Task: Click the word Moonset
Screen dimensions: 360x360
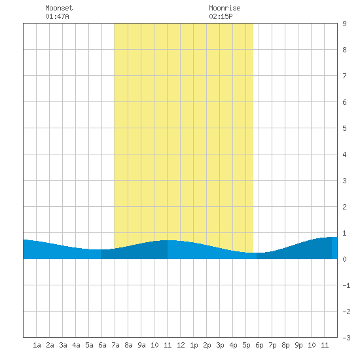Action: (59, 8)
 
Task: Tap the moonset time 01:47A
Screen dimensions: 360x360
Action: (57, 16)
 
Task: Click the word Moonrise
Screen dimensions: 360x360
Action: (225, 8)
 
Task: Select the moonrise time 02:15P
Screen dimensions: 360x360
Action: (221, 16)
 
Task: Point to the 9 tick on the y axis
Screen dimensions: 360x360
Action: (344, 24)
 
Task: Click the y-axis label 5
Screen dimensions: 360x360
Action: (344, 128)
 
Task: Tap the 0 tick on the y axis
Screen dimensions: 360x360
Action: (344, 259)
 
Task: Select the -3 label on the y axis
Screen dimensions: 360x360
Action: (346, 338)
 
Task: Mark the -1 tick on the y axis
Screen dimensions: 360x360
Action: (346, 285)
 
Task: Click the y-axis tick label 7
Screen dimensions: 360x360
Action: (344, 76)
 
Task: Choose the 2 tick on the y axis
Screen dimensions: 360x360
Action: (344, 207)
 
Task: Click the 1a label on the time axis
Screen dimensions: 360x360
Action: (37, 345)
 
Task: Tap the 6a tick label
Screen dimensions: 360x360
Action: (102, 345)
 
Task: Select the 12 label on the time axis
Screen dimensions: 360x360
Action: (181, 345)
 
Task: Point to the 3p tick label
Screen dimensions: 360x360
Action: (220, 345)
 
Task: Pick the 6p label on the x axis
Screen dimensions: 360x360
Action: (259, 345)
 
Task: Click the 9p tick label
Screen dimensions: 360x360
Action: (298, 345)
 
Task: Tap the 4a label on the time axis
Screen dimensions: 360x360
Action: (76, 345)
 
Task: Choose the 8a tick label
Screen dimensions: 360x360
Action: (128, 345)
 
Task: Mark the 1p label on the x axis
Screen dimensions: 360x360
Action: (194, 345)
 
